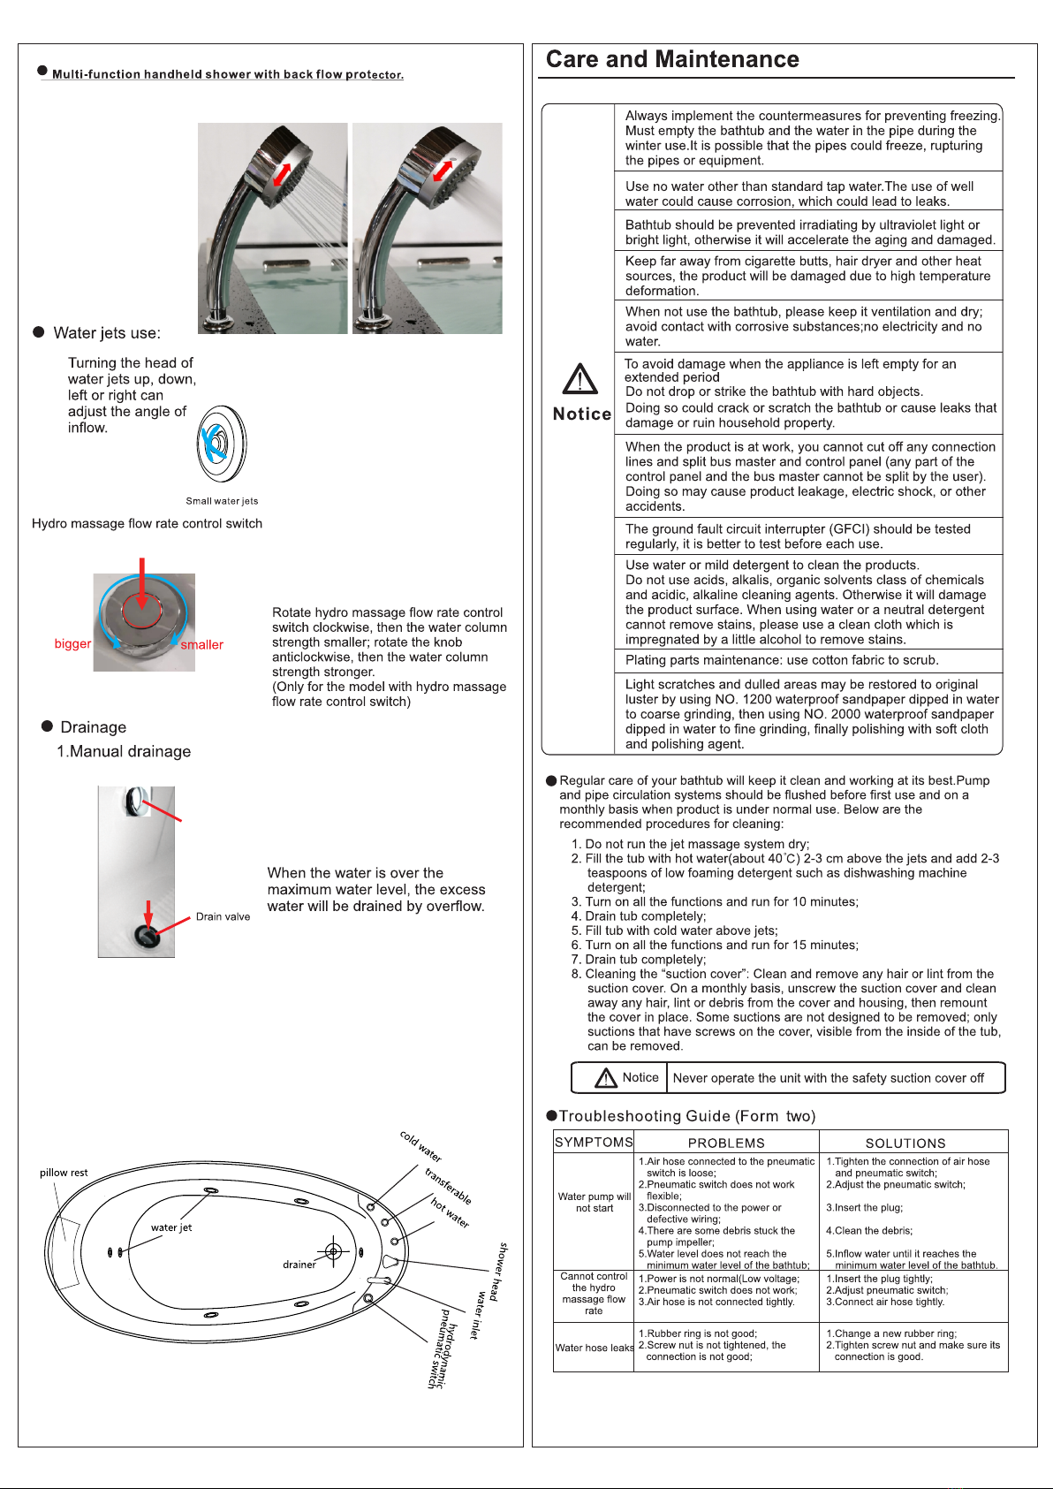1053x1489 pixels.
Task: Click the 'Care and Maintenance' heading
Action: (672, 59)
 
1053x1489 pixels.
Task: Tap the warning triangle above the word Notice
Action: (580, 379)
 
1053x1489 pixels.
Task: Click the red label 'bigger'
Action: (72, 643)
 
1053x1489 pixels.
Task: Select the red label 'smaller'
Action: (202, 645)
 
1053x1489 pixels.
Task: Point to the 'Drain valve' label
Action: (223, 916)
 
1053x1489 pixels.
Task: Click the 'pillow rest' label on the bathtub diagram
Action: (64, 1173)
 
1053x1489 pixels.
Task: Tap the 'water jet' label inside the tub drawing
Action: (171, 1227)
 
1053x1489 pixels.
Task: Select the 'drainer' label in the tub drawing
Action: (299, 1265)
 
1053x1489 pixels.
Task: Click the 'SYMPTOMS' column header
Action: (594, 1143)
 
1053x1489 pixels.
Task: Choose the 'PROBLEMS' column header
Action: (726, 1143)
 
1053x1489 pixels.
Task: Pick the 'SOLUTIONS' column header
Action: (905, 1143)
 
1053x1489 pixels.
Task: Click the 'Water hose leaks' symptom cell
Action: (595, 1348)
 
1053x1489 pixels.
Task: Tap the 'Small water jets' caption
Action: (222, 501)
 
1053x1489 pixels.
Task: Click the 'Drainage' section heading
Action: (93, 727)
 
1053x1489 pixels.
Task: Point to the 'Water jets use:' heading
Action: (107, 333)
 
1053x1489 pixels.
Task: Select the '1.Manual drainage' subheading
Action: (124, 751)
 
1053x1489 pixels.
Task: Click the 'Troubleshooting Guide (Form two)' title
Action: (686, 1116)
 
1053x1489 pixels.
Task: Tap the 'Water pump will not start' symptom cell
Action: (595, 1202)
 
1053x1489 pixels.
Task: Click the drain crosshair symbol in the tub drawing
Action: (333, 1250)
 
